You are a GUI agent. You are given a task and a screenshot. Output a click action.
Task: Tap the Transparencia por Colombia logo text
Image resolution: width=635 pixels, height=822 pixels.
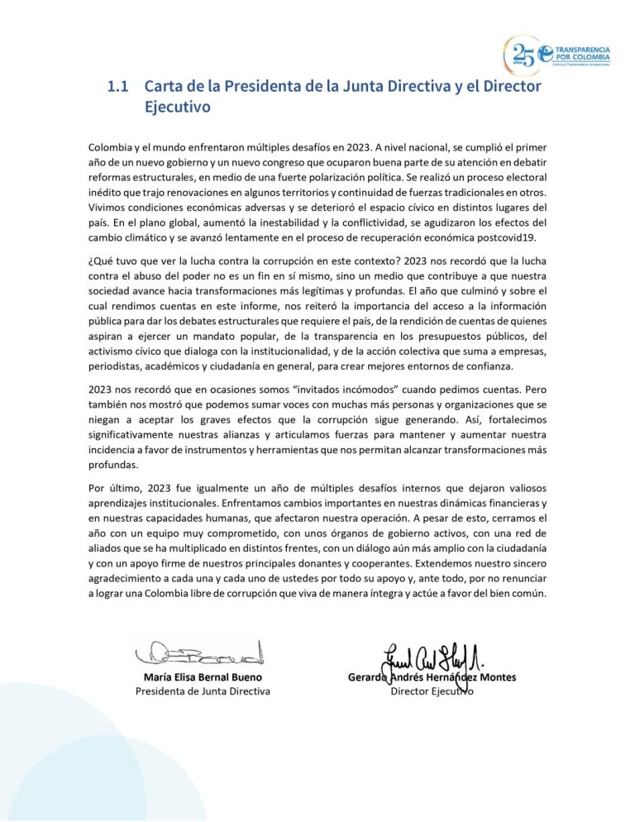click(x=583, y=55)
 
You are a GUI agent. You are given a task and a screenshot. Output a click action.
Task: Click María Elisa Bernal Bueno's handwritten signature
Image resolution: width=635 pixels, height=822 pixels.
click(x=198, y=652)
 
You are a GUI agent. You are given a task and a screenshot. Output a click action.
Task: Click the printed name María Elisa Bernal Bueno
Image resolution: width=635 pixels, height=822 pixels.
click(x=203, y=676)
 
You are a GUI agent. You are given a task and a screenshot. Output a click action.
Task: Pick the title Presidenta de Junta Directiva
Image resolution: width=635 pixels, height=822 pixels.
click(x=203, y=691)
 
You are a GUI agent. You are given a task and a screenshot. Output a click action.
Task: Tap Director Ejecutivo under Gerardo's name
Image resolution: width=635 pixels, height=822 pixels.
click(x=432, y=691)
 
